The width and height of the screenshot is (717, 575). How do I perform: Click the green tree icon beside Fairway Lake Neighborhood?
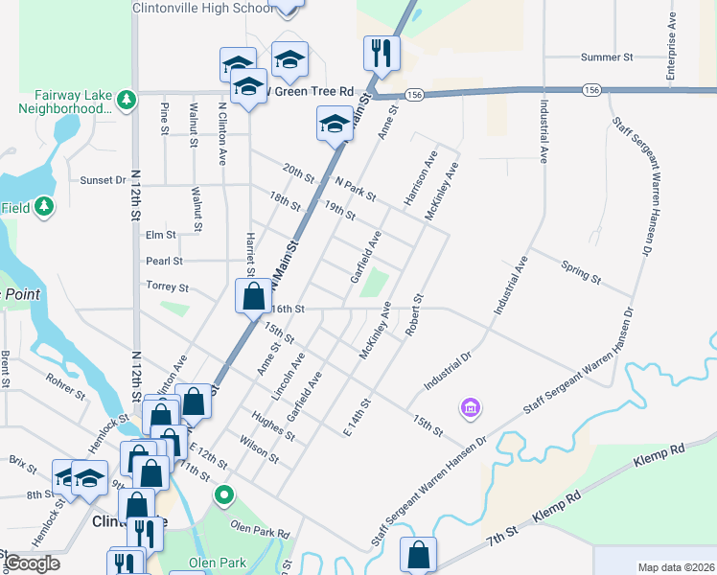point(126,100)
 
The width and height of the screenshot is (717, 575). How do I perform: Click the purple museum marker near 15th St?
point(470,408)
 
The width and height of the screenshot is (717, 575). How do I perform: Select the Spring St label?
point(581,272)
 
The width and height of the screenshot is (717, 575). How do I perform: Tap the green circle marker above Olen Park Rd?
point(224,495)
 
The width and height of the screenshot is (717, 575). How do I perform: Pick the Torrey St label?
point(167,287)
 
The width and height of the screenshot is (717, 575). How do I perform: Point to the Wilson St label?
point(260,451)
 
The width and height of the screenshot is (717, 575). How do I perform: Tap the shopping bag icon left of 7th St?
point(418,555)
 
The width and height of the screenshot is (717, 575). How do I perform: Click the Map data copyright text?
point(675,567)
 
